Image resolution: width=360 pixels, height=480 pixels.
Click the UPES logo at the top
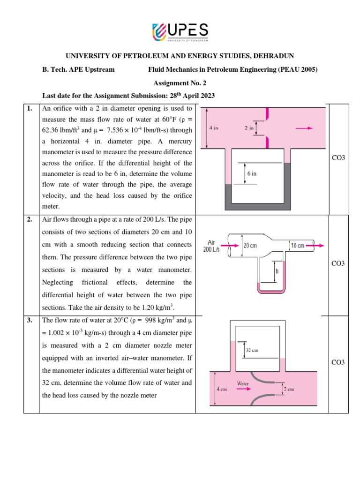pyautogui.click(x=180, y=32)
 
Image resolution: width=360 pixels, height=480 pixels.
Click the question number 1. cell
pyautogui.click(x=30, y=109)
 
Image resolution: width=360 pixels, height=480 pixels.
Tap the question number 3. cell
pyautogui.click(x=30, y=321)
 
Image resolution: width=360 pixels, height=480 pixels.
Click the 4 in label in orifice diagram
pyautogui.click(x=214, y=127)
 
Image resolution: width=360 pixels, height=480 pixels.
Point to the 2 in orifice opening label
pyautogui.click(x=249, y=127)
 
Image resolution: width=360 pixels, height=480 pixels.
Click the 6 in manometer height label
pyautogui.click(x=252, y=173)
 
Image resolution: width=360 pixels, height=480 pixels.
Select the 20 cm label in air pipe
pyautogui.click(x=250, y=245)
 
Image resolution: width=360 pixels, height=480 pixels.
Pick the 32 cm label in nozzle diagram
pyautogui.click(x=252, y=350)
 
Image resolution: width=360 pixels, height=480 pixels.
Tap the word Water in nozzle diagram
pyautogui.click(x=242, y=383)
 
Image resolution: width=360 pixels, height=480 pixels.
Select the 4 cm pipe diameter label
pyautogui.click(x=221, y=390)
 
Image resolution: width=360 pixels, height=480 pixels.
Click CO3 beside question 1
pyautogui.click(x=338, y=157)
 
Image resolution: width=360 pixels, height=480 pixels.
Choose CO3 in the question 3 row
pyautogui.click(x=338, y=362)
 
